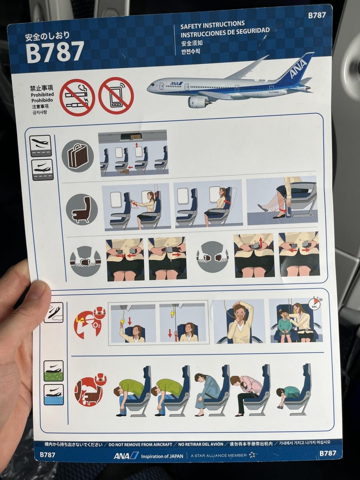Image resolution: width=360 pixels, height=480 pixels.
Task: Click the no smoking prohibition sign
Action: (x=77, y=97)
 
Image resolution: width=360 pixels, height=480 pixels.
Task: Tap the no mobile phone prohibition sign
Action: (x=116, y=96)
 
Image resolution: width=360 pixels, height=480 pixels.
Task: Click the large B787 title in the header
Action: (x=55, y=52)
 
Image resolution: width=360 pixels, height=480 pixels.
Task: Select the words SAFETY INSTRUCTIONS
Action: (x=213, y=25)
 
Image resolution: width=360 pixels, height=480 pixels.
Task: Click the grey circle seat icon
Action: (x=82, y=210)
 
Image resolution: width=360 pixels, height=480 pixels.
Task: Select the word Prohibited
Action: (x=42, y=95)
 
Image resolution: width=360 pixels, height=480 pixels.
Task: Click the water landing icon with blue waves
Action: (x=54, y=394)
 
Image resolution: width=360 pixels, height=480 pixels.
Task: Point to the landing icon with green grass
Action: (x=54, y=370)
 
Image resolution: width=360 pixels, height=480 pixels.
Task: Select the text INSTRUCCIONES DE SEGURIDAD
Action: (x=225, y=32)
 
